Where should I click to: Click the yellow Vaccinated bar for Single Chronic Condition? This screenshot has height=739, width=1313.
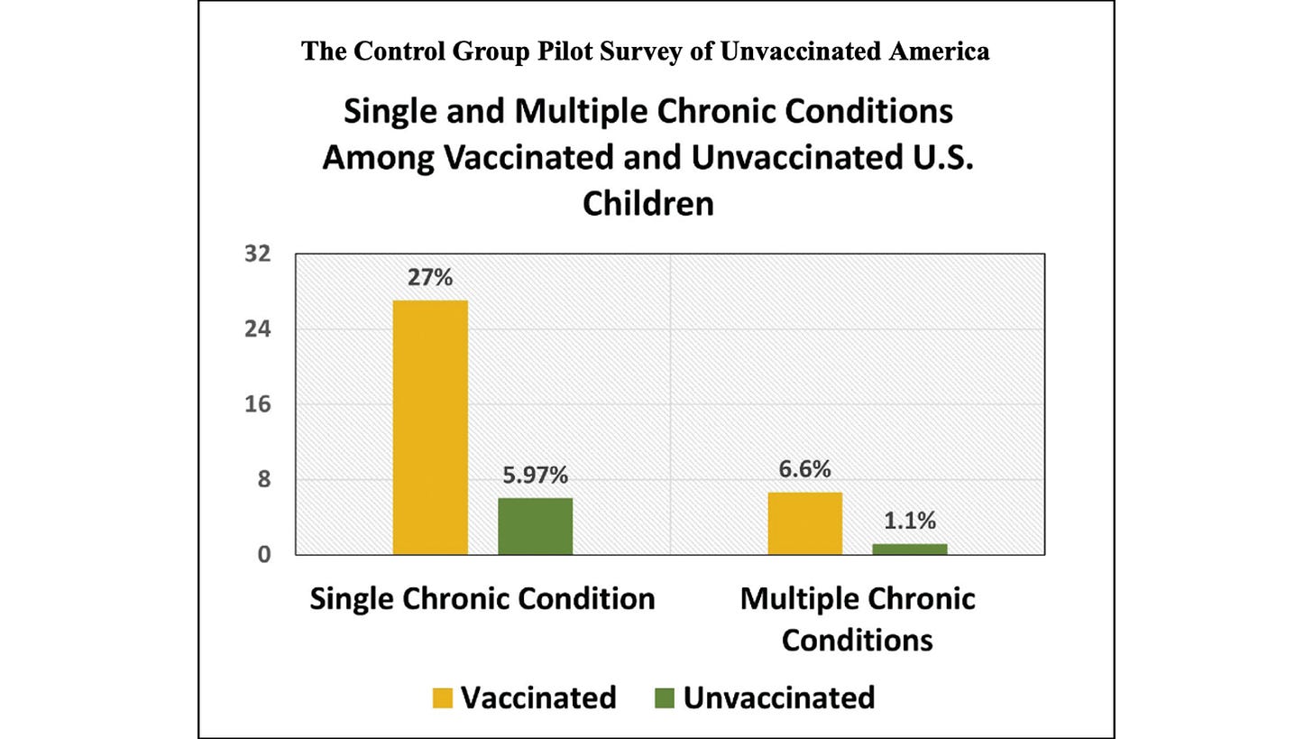click(430, 427)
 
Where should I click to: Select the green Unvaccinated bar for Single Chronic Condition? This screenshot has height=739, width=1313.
click(535, 526)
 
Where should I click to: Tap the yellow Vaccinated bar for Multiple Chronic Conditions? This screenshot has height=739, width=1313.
click(804, 523)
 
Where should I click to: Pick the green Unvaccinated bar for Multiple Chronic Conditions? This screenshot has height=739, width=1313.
click(909, 549)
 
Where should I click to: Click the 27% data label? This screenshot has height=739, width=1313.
click(429, 277)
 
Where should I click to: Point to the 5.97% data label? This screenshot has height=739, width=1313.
click(535, 476)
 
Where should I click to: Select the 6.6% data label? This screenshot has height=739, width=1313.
click(804, 469)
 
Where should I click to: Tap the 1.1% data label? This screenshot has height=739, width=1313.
click(909, 521)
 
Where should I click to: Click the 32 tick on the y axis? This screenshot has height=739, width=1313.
click(257, 254)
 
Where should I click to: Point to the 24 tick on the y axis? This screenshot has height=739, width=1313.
click(257, 329)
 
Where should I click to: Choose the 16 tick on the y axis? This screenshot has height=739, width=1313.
click(257, 404)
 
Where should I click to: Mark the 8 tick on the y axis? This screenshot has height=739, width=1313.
click(263, 479)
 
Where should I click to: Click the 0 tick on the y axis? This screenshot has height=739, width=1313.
click(263, 555)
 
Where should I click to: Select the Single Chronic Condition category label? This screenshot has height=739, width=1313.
click(482, 599)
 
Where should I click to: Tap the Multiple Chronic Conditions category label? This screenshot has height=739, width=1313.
click(857, 619)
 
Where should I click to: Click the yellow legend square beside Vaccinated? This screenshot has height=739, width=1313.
click(442, 698)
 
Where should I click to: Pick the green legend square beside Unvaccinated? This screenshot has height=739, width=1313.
click(665, 698)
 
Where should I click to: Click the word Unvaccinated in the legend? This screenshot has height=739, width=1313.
click(778, 697)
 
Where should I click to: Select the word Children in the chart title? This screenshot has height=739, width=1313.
click(647, 203)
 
